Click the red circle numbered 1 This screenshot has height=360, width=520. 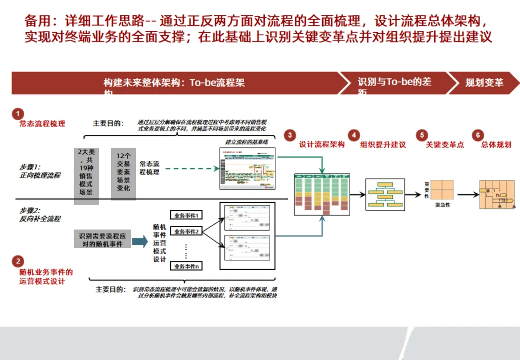click(x=18, y=114)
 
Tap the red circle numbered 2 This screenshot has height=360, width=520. click(x=18, y=261)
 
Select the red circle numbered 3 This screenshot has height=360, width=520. click(x=290, y=135)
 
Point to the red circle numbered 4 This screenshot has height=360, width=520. click(x=354, y=135)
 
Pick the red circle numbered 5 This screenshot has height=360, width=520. click(x=422, y=135)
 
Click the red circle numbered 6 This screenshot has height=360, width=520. click(x=478, y=135)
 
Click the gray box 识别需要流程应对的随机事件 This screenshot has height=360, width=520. click(x=103, y=240)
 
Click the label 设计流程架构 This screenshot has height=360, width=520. click(x=322, y=144)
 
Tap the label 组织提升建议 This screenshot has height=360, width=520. click(x=383, y=144)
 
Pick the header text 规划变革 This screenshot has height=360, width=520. click(x=484, y=82)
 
